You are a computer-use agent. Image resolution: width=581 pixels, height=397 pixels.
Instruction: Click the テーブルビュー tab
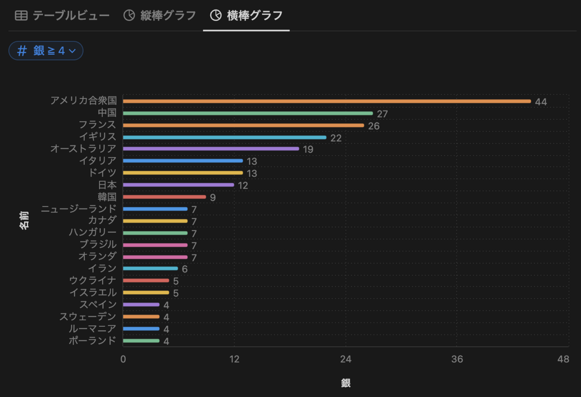coord(62,16)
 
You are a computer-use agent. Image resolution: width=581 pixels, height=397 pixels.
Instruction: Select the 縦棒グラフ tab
coord(160,16)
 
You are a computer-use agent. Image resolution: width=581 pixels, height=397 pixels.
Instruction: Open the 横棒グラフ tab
coord(246,16)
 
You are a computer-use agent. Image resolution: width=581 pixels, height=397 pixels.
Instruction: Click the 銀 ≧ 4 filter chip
coord(46,51)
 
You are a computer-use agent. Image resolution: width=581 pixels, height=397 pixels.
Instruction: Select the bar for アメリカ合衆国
coord(327,101)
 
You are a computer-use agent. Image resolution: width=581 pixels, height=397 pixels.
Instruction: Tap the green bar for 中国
coord(248,113)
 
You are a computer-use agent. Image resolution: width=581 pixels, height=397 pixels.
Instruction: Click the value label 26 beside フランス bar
coord(373,126)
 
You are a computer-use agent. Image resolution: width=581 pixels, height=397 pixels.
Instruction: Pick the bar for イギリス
coord(225,137)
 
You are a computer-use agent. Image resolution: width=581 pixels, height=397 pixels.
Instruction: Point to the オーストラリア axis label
coord(83,149)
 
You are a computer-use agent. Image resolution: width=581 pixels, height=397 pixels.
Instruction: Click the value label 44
coord(541,102)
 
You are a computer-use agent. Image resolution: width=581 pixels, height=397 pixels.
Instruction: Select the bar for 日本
coord(178,185)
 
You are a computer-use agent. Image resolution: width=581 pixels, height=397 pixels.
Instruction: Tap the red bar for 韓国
coord(165,197)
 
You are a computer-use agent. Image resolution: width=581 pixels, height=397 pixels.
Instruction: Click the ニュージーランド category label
coord(79,209)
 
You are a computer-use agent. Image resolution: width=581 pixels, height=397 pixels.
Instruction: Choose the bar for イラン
coord(151,269)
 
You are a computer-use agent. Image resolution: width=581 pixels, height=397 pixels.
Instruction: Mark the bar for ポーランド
coord(141,341)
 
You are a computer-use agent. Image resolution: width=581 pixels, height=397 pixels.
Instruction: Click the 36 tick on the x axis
coord(457,360)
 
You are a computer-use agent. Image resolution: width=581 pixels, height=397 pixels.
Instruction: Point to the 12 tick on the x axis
coord(234,360)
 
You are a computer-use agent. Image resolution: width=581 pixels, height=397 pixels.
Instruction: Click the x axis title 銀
coord(346,383)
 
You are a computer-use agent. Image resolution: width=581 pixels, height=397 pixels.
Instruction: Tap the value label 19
coord(308,150)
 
